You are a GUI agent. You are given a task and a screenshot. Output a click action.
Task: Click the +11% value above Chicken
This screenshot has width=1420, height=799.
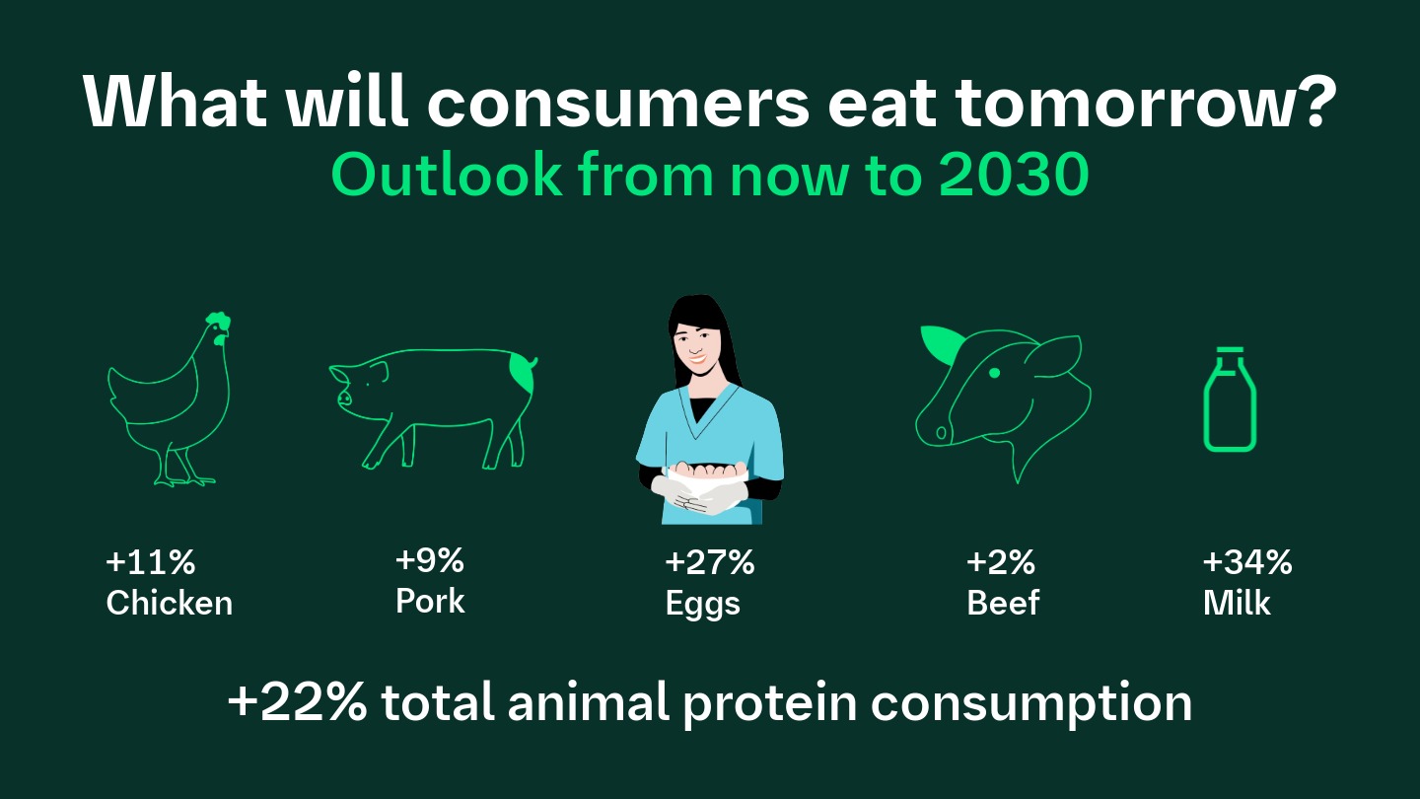point(150,563)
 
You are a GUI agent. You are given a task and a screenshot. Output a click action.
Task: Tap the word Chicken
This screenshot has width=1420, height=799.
point(169,603)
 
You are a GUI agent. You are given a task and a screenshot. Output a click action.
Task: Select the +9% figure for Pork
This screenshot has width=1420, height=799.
point(429,561)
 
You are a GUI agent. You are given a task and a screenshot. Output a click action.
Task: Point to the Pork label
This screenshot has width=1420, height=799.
point(429,601)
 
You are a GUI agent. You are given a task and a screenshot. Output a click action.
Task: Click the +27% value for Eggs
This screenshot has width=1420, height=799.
point(709,563)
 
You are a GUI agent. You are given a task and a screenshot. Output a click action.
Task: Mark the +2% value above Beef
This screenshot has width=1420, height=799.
point(1001,562)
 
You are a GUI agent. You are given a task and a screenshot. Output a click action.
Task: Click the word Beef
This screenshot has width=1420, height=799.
point(1003,603)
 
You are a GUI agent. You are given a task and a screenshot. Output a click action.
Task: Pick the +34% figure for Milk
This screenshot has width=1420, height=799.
point(1246,562)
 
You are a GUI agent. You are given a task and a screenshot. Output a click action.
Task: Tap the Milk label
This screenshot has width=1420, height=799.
point(1237,603)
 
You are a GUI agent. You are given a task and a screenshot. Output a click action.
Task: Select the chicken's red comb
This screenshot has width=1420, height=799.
point(218,322)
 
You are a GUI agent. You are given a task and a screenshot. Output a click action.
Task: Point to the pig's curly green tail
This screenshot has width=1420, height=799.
point(523,374)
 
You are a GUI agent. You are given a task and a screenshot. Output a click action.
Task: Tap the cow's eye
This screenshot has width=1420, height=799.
point(994,372)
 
